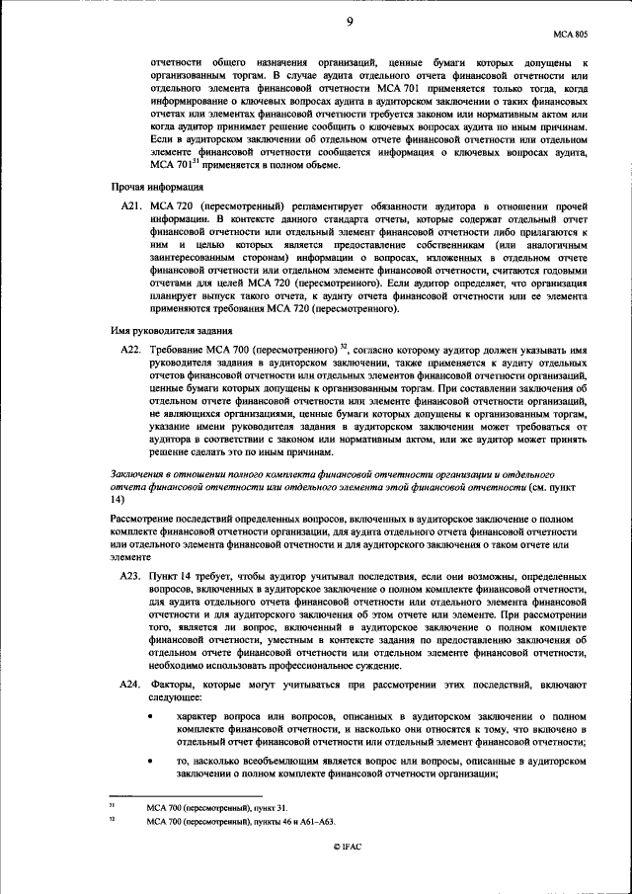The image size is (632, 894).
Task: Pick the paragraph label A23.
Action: [x=130, y=574]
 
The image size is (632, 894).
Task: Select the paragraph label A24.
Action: [x=130, y=684]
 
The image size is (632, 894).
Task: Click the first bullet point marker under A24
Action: [x=150, y=715]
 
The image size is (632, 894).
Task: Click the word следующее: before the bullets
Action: [x=175, y=696]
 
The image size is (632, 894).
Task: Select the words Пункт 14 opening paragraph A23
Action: [x=169, y=574]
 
